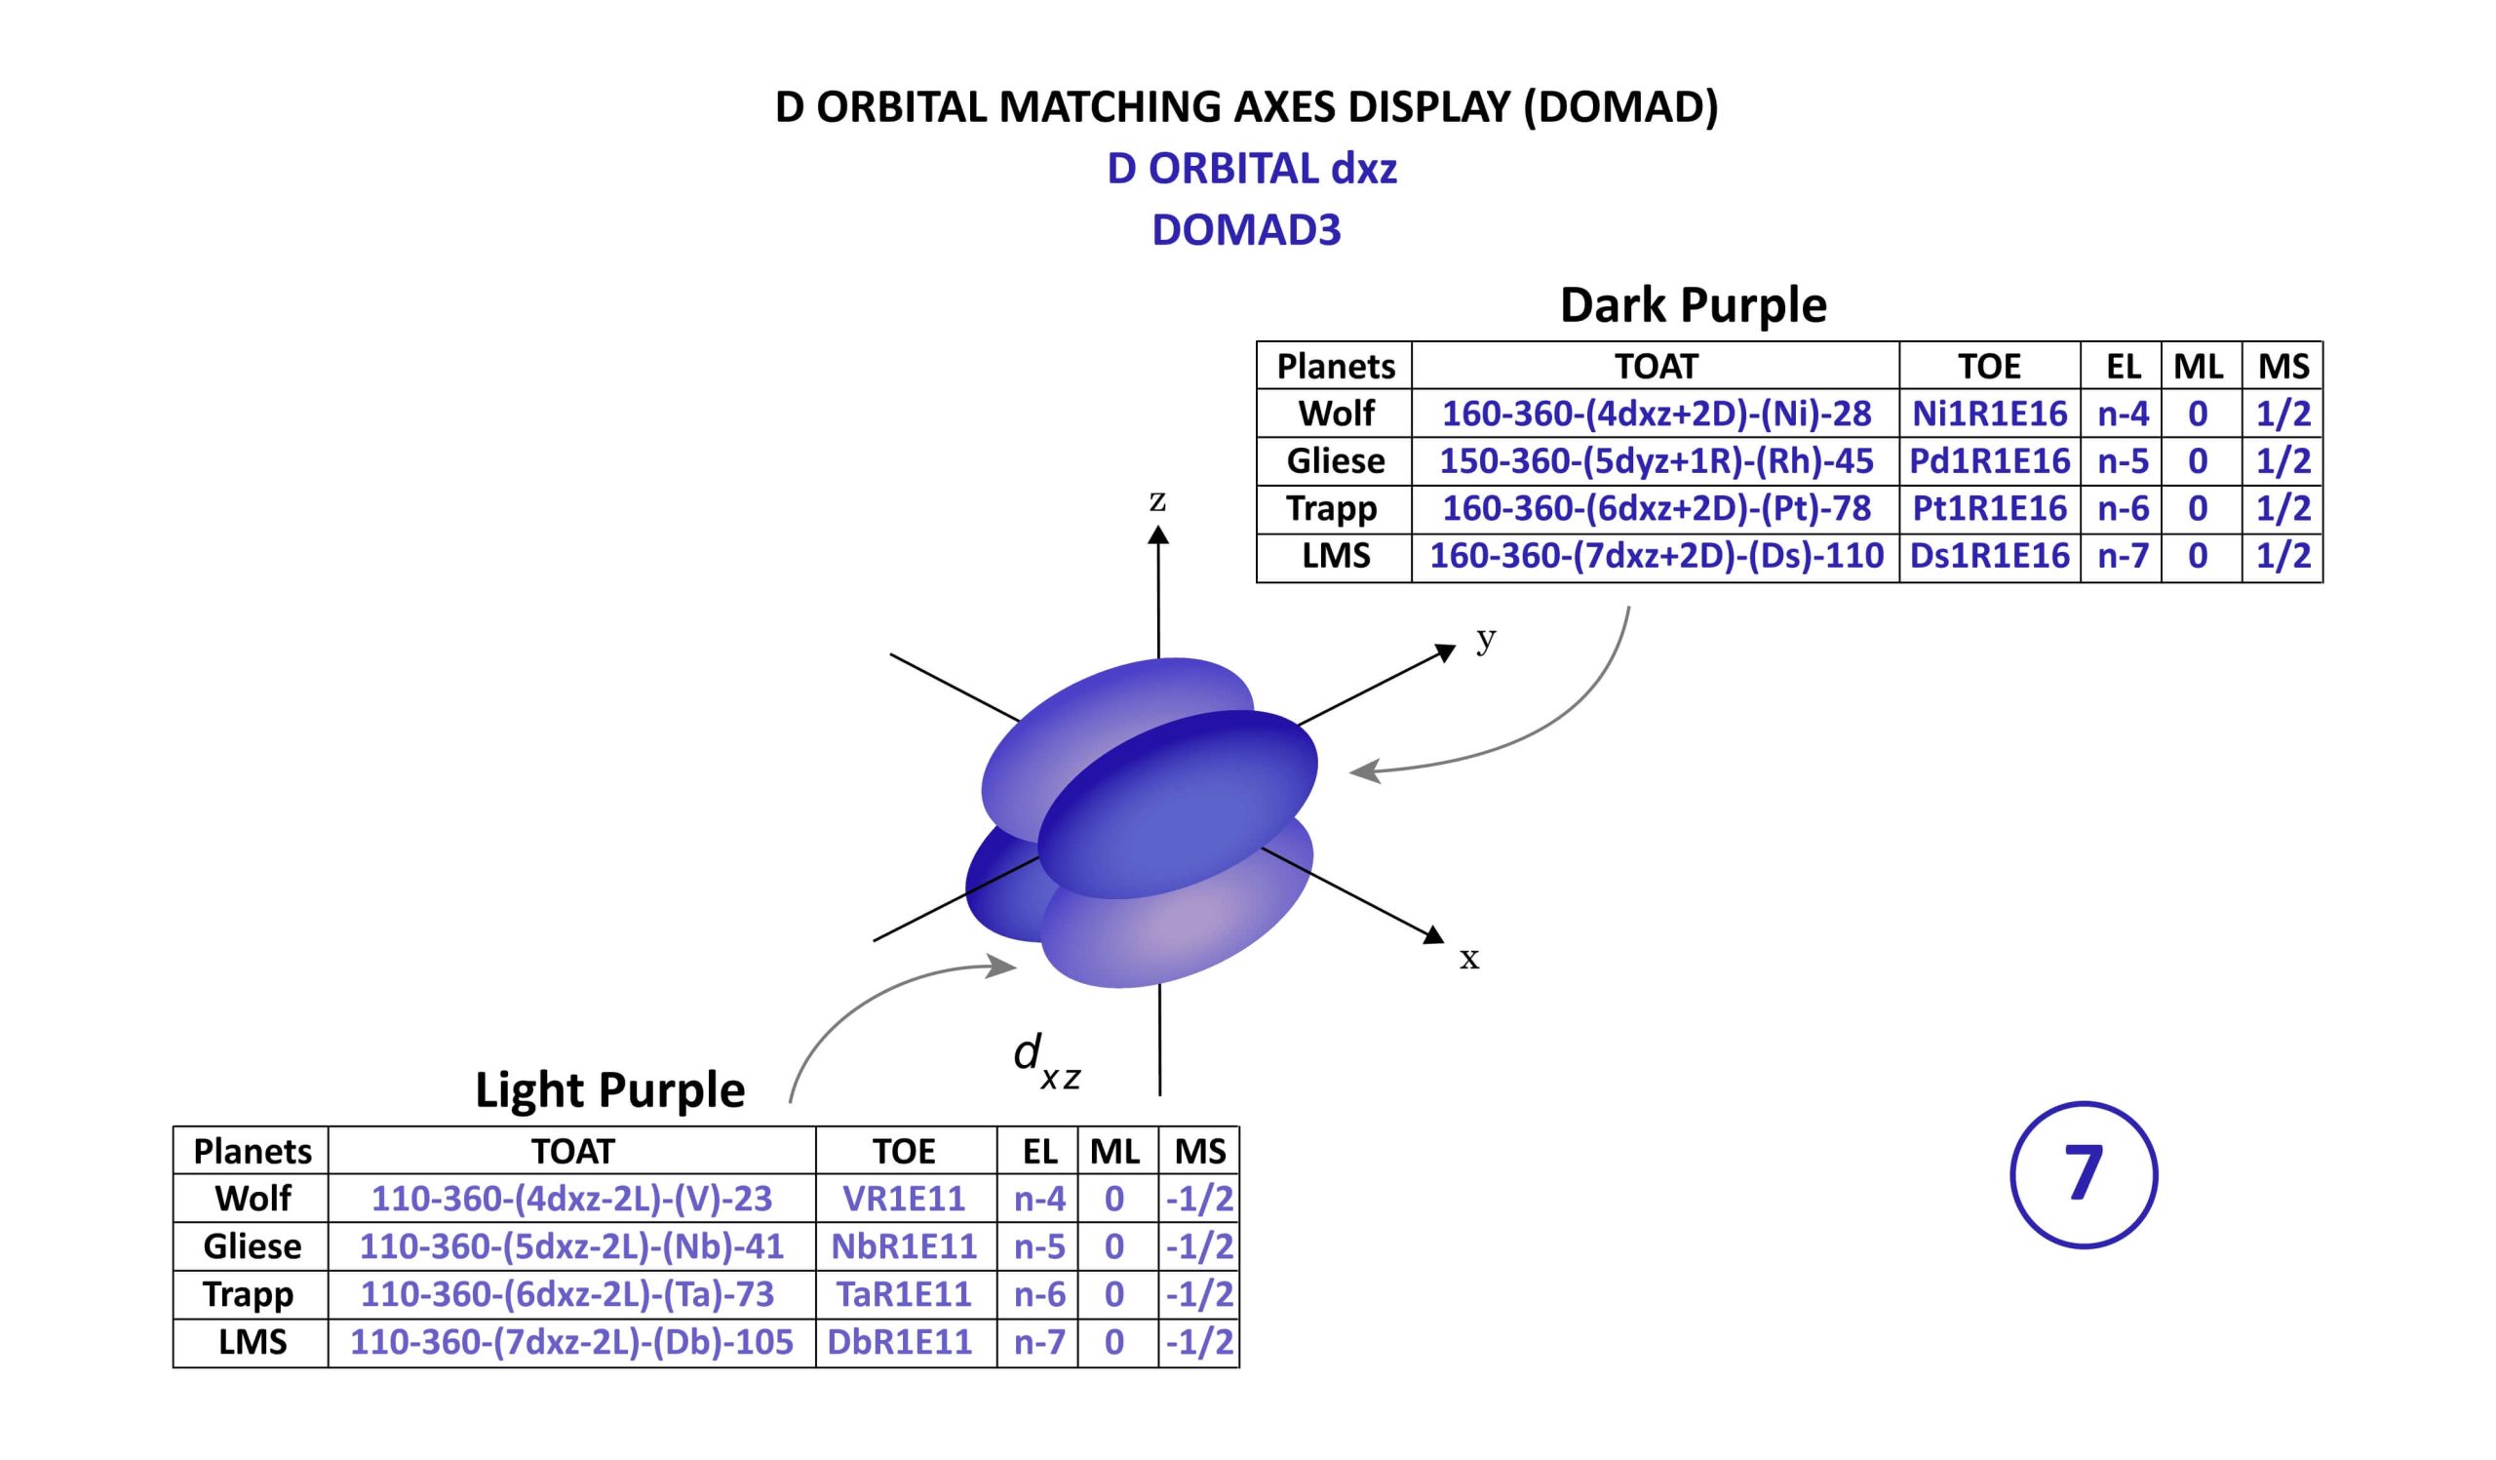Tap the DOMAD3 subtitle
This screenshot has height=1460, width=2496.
tap(1246, 230)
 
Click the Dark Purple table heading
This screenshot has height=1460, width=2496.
tap(1693, 305)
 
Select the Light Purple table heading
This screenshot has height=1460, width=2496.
tap(609, 1090)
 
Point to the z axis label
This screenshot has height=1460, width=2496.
tap(1157, 500)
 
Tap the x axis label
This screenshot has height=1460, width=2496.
tap(1469, 958)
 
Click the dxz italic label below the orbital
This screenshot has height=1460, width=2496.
tap(1046, 1061)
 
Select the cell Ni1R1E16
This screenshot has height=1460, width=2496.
tap(1989, 414)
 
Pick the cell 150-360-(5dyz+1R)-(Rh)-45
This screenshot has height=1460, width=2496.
tap(1657, 460)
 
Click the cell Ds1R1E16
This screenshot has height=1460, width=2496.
tap(1989, 556)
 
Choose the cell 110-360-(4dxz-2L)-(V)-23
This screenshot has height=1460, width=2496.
tap(571, 1199)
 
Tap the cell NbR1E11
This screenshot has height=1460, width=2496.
tap(903, 1246)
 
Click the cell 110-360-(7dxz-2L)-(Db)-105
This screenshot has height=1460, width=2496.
tap(571, 1342)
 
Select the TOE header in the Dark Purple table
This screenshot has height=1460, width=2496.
tap(1989, 367)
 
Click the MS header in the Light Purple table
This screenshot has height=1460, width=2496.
tap(1199, 1151)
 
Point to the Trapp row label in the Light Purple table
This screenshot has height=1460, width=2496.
tap(249, 1294)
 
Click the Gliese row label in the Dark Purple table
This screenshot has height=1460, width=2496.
tap(1335, 460)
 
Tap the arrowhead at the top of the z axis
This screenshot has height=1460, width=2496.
tap(1158, 534)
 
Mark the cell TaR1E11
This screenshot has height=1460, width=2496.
tap(903, 1294)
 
